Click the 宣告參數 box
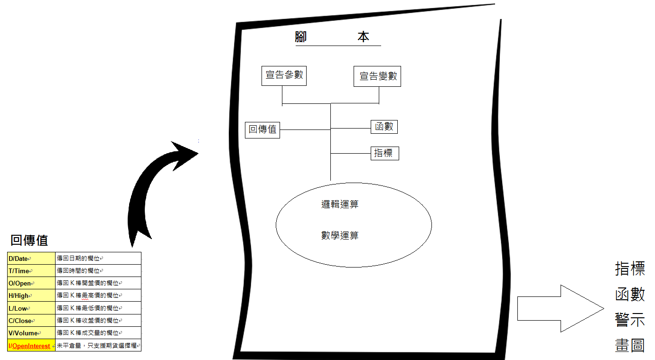(284, 76)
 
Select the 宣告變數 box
(377, 76)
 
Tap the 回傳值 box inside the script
(263, 129)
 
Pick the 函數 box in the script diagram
(384, 127)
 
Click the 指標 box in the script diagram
(384, 153)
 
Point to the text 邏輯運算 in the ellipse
(339, 204)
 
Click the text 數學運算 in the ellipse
(339, 235)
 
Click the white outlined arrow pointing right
(560, 308)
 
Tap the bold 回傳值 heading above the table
(29, 240)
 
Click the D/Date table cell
(31, 258)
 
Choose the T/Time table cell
(31, 271)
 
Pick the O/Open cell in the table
(31, 283)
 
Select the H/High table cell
(31, 295)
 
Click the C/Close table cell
(31, 321)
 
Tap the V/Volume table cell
(31, 333)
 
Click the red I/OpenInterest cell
(31, 346)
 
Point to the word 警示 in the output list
(630, 319)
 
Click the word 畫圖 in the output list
(630, 345)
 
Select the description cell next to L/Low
(98, 308)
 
